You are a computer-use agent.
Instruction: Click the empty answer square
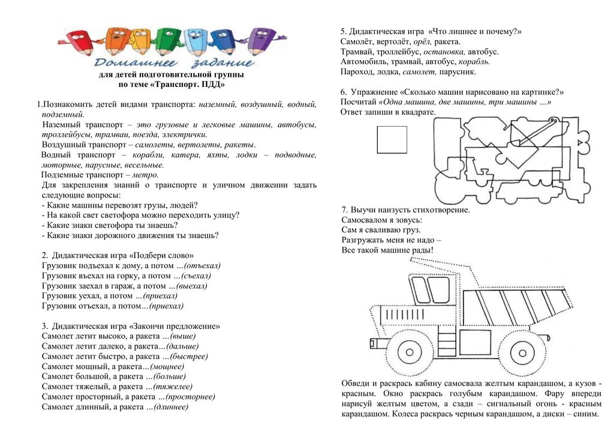pos(392,139)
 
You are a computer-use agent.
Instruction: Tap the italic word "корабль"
pos(474,61)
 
